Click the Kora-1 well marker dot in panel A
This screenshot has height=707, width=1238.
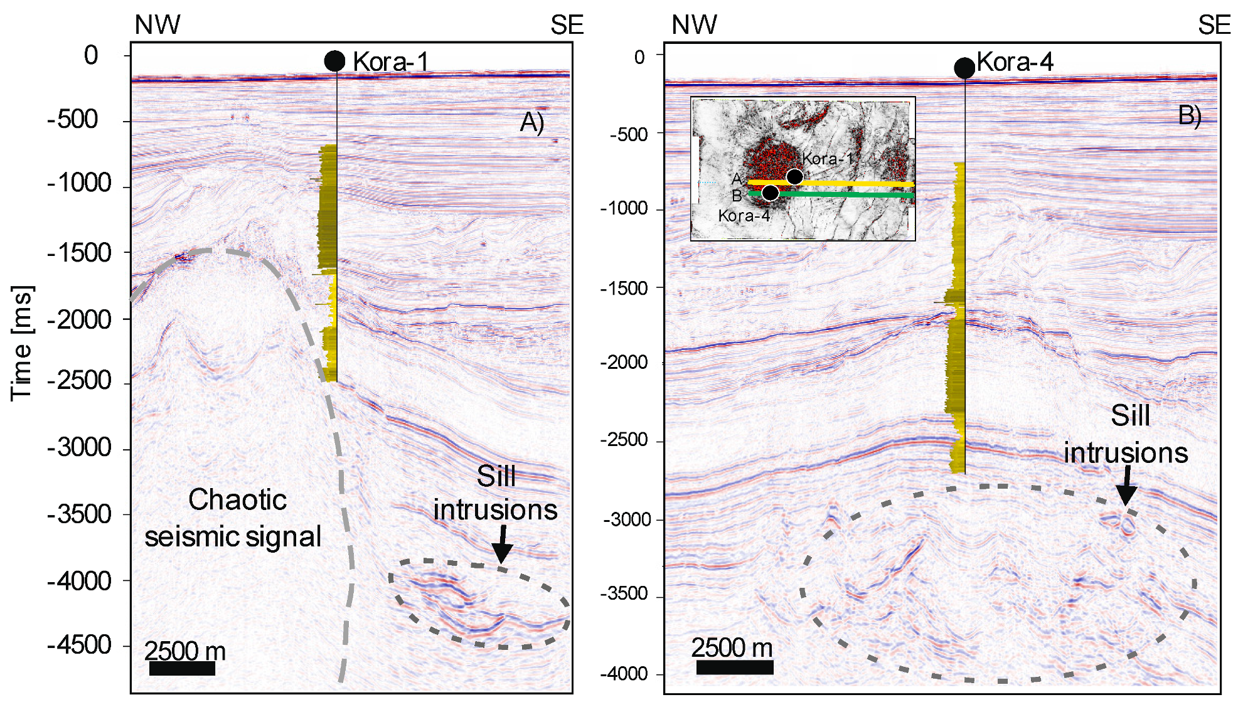334,61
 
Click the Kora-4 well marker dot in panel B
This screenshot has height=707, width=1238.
964,67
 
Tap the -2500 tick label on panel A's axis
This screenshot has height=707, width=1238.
80,381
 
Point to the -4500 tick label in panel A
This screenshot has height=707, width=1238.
80,645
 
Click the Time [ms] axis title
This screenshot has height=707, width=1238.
22,343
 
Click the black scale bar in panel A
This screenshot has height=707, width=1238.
182,669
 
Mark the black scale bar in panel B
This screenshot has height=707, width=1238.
735,667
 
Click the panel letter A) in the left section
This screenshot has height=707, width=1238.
531,122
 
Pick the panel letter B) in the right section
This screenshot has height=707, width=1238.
1190,115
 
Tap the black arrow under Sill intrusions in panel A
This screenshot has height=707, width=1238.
502,545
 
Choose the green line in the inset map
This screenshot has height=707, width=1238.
853,195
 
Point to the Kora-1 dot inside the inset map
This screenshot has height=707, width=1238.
794,176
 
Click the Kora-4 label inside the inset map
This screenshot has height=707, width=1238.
744,216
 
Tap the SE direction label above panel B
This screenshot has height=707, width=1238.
1214,25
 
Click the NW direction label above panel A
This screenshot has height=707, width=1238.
157,25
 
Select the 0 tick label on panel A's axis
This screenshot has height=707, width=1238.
91,56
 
